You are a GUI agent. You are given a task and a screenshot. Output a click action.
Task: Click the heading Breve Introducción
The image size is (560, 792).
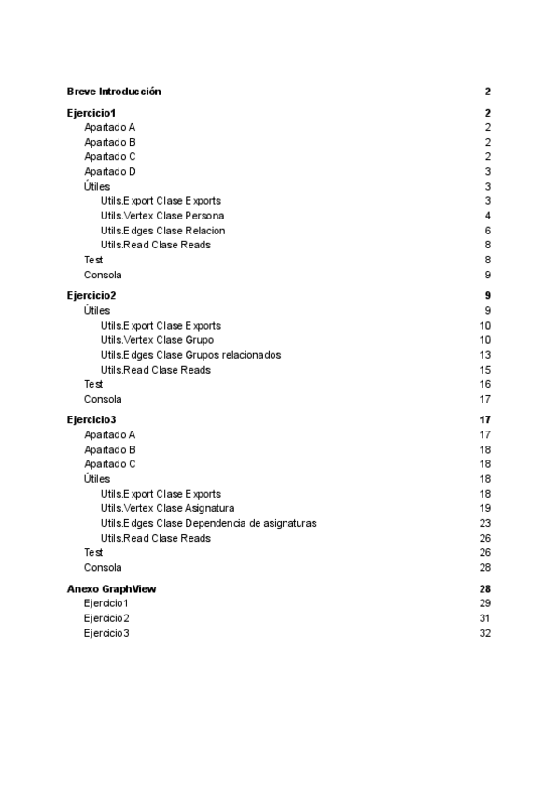(x=114, y=92)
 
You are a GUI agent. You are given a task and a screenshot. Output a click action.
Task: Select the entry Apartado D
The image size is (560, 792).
(x=110, y=172)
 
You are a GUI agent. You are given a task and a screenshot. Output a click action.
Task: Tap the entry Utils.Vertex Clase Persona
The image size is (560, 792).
(x=161, y=216)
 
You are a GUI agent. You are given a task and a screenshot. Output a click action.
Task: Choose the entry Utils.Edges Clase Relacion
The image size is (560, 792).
(x=162, y=231)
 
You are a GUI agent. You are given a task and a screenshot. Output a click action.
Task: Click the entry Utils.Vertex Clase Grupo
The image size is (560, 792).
(x=157, y=340)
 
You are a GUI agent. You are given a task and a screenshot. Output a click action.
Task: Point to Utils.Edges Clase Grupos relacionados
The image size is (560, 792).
(x=190, y=355)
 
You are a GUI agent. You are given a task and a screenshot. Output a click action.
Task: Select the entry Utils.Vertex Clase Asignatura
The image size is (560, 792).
(x=167, y=508)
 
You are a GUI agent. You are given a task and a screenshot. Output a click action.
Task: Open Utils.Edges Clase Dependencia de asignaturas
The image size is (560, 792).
(x=208, y=523)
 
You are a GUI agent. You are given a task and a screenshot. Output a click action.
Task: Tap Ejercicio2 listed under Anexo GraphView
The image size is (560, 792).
(x=106, y=618)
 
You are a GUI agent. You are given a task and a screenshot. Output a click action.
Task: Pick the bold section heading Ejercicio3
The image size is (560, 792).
(x=91, y=420)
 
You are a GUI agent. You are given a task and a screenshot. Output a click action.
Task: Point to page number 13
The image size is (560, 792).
(x=485, y=355)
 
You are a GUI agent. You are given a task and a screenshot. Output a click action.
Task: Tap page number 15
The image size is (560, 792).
(x=485, y=370)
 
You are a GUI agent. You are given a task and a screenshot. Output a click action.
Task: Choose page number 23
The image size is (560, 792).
(x=485, y=523)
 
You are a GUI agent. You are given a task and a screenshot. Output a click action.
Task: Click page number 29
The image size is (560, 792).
(x=485, y=604)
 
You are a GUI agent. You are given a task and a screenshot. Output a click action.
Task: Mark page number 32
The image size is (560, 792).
(x=485, y=633)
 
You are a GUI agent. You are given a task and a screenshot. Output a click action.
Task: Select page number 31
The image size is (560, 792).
(x=485, y=618)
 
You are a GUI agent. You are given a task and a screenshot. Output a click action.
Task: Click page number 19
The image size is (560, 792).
(x=485, y=508)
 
